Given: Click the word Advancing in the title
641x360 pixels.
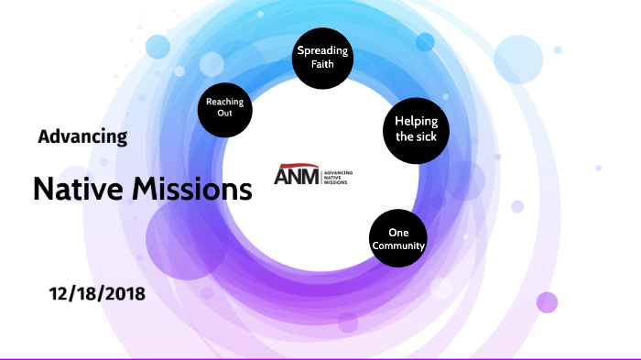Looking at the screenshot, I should (82, 136).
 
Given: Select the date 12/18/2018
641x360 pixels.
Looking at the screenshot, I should (97, 295).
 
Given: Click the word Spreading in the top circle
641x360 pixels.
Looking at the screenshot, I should (320, 51).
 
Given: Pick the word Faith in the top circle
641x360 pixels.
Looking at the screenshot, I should (320, 65).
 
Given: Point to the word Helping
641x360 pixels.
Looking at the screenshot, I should (415, 121).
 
